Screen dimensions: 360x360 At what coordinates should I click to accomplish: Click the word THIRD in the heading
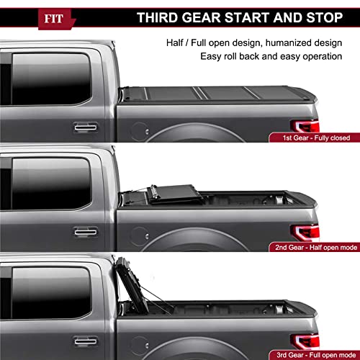click(161, 17)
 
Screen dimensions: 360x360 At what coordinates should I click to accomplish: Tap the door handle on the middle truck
click(85, 234)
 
